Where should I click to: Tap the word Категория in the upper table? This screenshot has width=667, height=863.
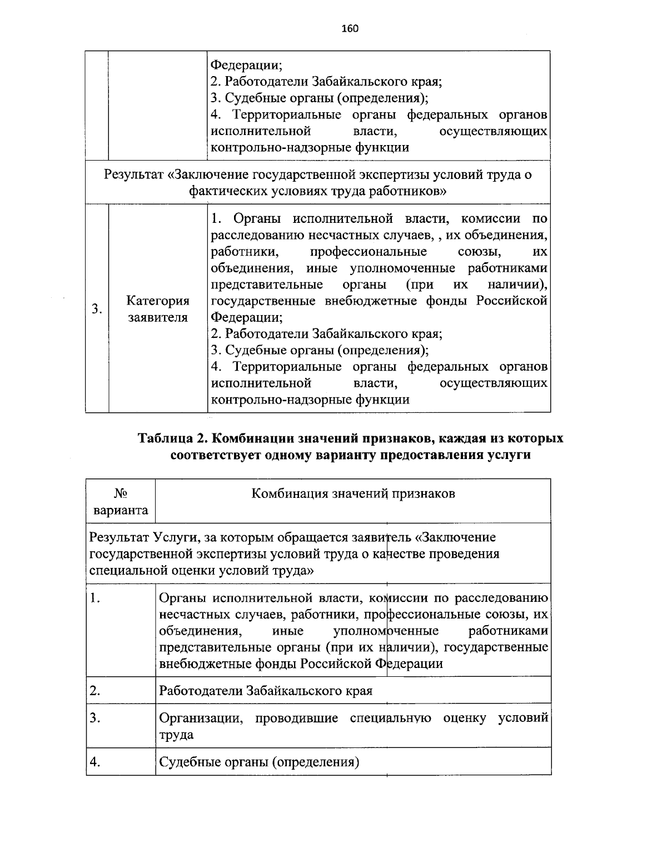(x=158, y=301)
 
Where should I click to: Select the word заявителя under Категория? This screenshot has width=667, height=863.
(x=158, y=318)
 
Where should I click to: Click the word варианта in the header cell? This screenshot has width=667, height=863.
(x=121, y=510)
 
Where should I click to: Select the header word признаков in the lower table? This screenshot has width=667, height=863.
(x=424, y=493)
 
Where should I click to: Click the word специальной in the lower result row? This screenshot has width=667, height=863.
(x=124, y=570)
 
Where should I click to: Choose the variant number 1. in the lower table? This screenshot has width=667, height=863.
(x=96, y=598)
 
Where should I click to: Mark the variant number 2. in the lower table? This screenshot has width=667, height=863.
(x=96, y=691)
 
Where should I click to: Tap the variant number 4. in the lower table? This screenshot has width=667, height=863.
(x=96, y=762)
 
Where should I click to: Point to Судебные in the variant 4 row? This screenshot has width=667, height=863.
(x=186, y=762)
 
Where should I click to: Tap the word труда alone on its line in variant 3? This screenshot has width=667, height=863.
(x=176, y=735)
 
